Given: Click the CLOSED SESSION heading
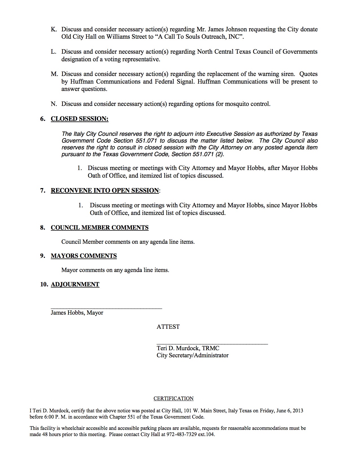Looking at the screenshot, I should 79,119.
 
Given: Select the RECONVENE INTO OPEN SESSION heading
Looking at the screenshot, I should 105,191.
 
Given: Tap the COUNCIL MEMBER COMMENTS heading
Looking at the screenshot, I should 99,228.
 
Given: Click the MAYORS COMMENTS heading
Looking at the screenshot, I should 84,256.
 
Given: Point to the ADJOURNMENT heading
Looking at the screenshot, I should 75,284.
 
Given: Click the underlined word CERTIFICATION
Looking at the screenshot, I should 173,399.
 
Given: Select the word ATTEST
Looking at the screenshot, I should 168,327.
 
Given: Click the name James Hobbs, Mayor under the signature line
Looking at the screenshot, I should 77,313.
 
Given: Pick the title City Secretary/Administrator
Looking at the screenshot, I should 193,355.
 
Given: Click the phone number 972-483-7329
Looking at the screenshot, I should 181,434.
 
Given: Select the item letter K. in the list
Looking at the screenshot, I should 54,29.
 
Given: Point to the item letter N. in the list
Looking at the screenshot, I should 54,104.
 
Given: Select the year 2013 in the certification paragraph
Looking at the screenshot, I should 298,411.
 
